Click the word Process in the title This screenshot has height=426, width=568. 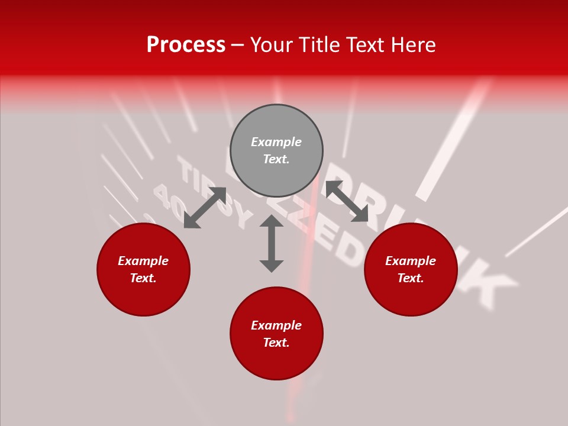(186, 45)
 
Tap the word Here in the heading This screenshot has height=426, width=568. (412, 45)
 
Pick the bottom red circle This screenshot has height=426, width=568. (276, 361)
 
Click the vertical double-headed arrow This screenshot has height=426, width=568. (272, 243)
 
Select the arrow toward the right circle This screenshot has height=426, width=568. (347, 201)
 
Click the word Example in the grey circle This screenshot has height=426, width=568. (276, 142)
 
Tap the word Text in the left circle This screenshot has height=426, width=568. (143, 278)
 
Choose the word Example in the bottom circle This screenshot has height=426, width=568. (276, 325)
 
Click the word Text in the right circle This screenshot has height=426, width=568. (410, 278)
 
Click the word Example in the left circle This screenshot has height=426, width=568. (143, 261)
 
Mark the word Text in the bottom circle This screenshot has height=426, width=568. (276, 343)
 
